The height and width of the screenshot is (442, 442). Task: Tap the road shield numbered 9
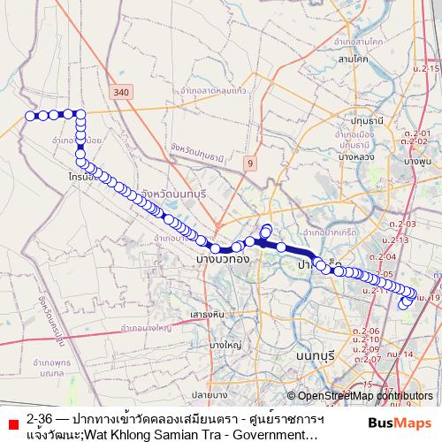coord(250,163)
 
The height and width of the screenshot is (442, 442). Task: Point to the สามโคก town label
coord(353,59)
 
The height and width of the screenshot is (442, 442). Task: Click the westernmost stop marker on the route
coord(30,116)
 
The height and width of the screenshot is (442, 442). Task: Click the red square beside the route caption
coord(11,418)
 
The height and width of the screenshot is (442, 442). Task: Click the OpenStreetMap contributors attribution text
coord(364,396)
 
